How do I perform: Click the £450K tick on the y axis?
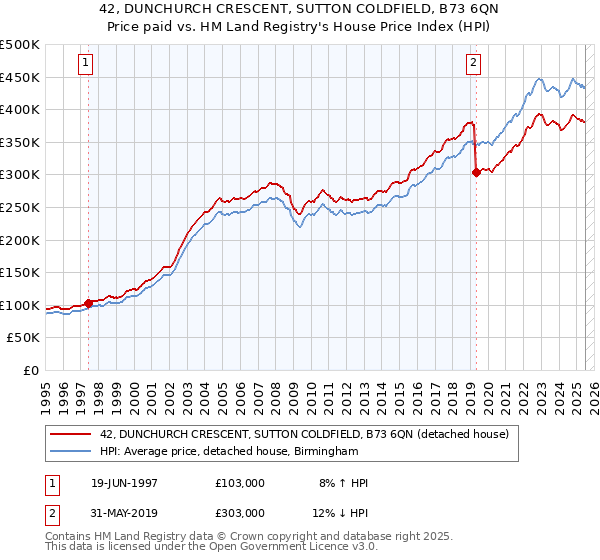[x=21, y=77]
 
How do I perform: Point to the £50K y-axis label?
[x=25, y=338]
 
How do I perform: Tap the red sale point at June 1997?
[x=89, y=303]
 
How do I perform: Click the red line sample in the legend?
[x=71, y=434]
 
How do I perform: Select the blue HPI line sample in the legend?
[x=71, y=452]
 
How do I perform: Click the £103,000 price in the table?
[x=240, y=483]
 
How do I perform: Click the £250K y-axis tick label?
[x=21, y=207]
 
